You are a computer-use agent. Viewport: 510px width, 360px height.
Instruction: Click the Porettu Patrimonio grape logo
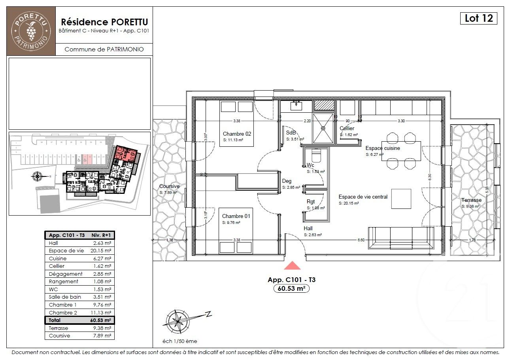point(31,30)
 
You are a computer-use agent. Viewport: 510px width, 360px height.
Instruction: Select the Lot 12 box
point(478,18)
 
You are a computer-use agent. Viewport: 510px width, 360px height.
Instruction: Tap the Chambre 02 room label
point(237,134)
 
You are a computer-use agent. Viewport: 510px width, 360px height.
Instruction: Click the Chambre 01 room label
point(236,216)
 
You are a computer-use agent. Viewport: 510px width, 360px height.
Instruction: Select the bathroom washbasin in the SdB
point(296,105)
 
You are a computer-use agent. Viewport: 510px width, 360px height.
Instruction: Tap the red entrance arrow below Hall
point(292,265)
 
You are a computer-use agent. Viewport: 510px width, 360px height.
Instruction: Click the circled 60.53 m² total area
point(291,288)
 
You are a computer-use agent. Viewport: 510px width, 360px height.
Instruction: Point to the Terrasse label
point(471,200)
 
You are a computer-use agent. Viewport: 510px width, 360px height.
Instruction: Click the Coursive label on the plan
point(169,186)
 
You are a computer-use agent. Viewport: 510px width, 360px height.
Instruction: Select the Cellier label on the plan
point(347,128)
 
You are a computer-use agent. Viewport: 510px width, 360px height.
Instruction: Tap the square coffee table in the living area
point(401,199)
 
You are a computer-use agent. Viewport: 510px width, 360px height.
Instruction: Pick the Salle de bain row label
point(65,297)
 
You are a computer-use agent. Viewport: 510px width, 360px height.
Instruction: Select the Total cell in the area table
point(55,320)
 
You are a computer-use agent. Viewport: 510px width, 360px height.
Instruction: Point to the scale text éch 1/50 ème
point(179,341)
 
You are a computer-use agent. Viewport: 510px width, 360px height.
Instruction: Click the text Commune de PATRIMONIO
point(104,49)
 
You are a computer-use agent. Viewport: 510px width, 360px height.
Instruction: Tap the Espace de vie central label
point(363,197)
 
